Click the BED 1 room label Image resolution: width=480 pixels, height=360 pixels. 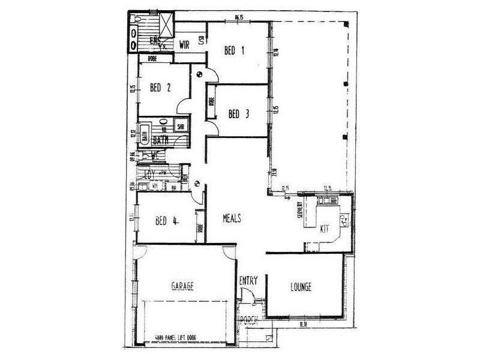[235, 51]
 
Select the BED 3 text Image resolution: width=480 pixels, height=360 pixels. [239, 113]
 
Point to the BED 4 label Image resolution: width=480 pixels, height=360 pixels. [166, 220]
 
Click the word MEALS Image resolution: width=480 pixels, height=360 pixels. [232, 219]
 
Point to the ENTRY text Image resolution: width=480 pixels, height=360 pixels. [248, 280]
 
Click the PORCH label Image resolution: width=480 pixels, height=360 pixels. [248, 319]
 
